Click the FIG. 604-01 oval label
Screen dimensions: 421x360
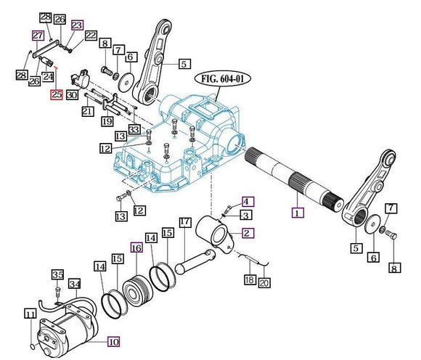click(x=223, y=78)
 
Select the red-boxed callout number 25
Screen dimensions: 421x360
click(x=57, y=94)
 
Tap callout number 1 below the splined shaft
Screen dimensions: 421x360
click(x=298, y=213)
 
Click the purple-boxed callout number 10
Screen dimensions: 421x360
click(x=113, y=341)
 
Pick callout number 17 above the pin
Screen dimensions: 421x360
click(x=185, y=222)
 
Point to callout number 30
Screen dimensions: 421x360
click(x=72, y=95)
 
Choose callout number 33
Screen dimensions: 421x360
click(x=134, y=129)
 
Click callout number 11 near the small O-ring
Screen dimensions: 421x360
click(x=30, y=314)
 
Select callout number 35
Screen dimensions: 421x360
click(x=58, y=274)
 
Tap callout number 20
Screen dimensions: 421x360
click(x=264, y=282)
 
